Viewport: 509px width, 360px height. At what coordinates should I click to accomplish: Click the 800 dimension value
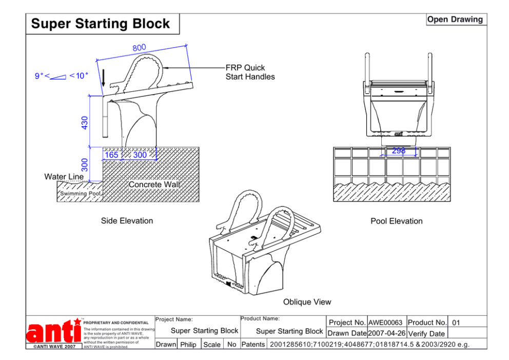point(139,48)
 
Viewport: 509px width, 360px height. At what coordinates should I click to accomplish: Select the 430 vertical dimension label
point(85,122)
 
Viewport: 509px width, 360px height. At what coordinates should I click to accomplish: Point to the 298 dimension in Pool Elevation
point(399,151)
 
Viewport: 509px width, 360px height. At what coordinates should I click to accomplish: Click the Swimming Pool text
point(81,194)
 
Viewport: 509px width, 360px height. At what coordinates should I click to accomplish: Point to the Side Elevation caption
point(127,221)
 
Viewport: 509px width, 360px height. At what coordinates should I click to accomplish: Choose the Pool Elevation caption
point(397,221)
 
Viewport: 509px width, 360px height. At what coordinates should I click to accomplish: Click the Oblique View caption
point(307,302)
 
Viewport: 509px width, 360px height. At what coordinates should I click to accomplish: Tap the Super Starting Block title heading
point(101,24)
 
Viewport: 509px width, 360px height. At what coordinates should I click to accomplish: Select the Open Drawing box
point(455,19)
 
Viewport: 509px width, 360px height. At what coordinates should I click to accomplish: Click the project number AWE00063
point(386,323)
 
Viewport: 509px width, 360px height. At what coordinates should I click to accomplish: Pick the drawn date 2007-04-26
point(387,333)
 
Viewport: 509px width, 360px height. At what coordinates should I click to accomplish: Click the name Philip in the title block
point(188,345)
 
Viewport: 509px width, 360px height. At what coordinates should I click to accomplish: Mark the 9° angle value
point(38,76)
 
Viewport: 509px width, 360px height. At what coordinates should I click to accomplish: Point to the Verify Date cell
point(426,333)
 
